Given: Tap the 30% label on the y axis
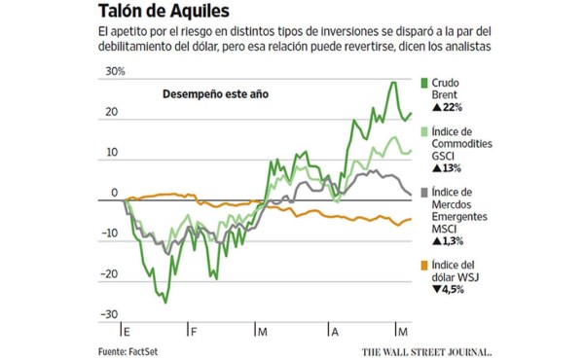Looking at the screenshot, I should point(115,71).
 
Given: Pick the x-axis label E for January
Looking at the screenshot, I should point(128,333).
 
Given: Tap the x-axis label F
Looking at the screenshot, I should point(194,333).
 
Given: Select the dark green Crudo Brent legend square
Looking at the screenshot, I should point(423,85).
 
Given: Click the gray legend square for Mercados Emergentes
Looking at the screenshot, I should point(423,193).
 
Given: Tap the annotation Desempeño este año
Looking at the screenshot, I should point(214,94).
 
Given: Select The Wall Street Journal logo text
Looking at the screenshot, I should point(426,350).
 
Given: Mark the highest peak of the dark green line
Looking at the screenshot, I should point(393,82).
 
